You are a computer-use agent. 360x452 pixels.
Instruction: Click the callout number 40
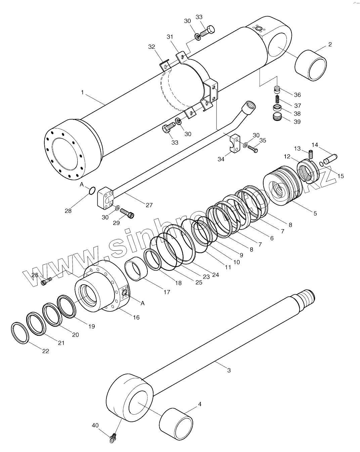95,425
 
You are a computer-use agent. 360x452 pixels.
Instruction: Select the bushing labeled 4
176,424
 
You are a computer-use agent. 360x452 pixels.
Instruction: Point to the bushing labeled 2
311,65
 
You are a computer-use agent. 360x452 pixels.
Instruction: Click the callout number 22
45,351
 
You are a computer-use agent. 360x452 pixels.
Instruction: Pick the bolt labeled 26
46,282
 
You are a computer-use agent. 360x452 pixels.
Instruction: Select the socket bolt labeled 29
127,212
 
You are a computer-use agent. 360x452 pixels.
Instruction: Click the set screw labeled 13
311,155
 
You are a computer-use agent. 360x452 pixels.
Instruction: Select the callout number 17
167,292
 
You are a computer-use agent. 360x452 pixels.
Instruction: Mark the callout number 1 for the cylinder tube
83,92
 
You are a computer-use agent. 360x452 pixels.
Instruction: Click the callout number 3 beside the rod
229,370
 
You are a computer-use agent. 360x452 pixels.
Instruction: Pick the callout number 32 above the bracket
152,47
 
